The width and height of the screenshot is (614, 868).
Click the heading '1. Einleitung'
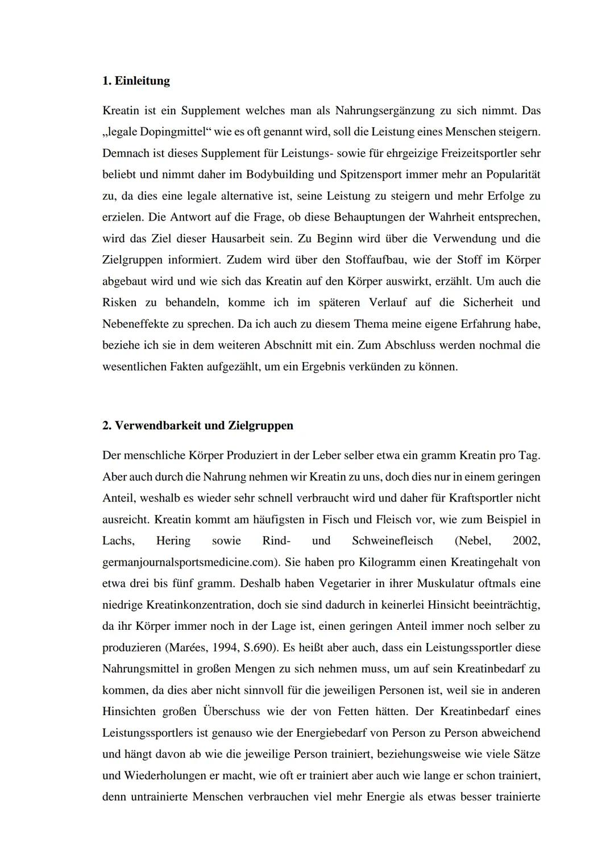(x=136, y=81)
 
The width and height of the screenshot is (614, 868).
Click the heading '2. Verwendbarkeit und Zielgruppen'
(x=198, y=426)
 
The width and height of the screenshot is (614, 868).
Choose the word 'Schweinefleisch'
(x=392, y=541)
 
